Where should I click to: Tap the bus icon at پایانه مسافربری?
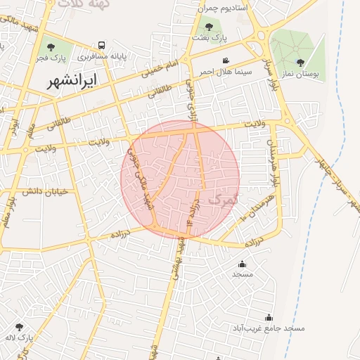tap(103, 44)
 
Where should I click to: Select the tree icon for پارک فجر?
tap(50, 46)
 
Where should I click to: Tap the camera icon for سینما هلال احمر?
tap(226, 60)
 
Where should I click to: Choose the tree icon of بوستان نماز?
tap(300, 63)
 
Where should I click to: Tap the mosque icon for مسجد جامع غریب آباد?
tap(268, 318)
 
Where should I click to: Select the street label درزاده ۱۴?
tap(193, 213)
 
